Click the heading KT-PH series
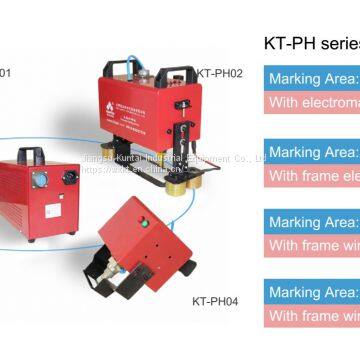pyautogui.click(x=310, y=43)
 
